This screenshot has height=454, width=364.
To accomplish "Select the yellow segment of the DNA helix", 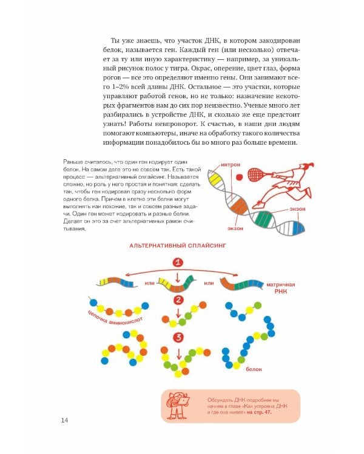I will point(214,179).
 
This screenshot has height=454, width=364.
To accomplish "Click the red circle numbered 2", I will point(178,299).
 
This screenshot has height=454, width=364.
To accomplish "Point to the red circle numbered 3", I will point(178,337).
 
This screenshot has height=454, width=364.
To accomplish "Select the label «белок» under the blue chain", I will point(254,368).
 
